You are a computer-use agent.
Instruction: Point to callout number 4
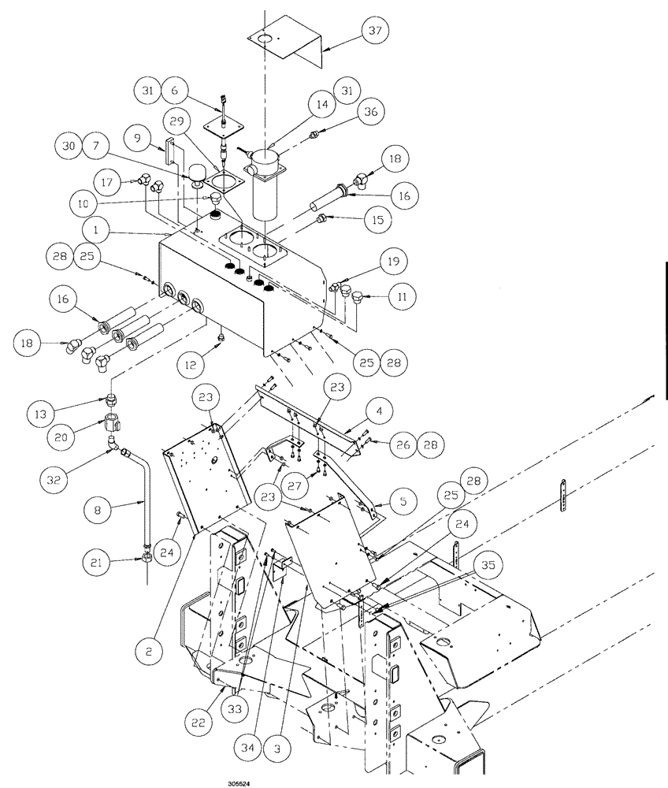coord(379,411)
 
